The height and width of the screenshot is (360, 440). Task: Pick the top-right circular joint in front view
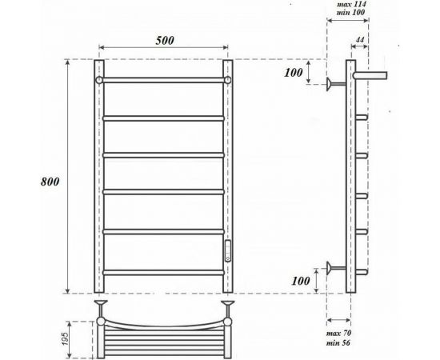tap(228, 81)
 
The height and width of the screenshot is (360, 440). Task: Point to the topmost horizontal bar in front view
tap(163, 81)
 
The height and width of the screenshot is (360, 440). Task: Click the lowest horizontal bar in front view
tap(163, 273)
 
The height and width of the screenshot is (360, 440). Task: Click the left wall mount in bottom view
tap(101, 305)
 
